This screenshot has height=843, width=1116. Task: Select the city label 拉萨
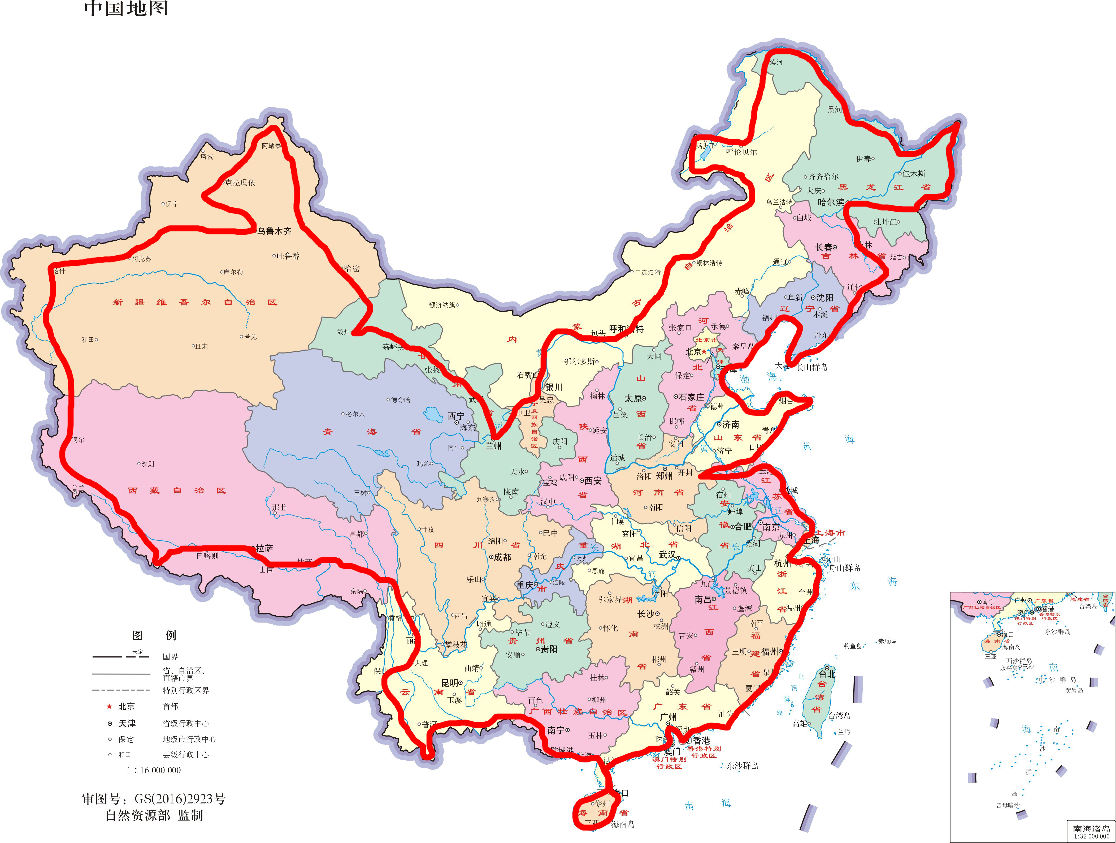[264, 548]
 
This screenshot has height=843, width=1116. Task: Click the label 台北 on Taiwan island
[827, 674]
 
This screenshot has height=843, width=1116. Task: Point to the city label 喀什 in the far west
[59, 271]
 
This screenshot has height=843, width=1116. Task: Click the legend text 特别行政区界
[186, 691]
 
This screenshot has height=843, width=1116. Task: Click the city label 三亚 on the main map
[591, 822]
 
